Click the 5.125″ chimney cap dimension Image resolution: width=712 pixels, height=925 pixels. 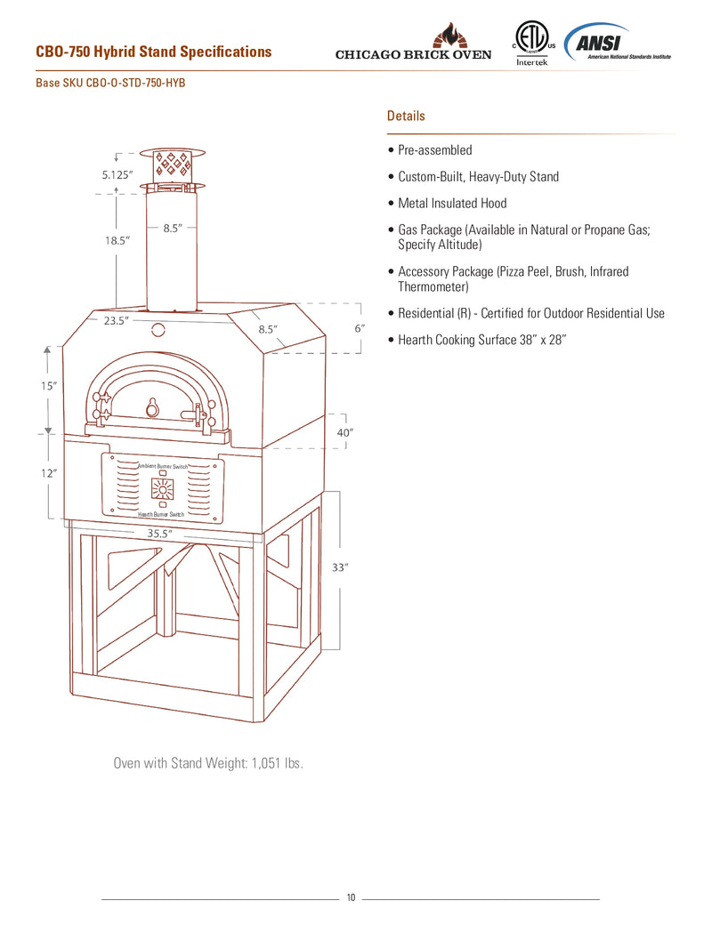click(117, 175)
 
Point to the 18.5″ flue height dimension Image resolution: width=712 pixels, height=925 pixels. click(117, 241)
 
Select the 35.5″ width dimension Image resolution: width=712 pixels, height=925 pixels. click(159, 533)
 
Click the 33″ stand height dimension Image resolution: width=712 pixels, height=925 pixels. click(339, 567)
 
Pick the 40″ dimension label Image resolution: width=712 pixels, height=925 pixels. click(345, 431)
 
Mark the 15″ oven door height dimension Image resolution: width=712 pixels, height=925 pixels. click(49, 386)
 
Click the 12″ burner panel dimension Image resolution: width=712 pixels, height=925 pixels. click(49, 474)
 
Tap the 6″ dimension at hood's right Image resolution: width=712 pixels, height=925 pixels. click(360, 328)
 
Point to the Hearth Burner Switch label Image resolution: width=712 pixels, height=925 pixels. click(161, 515)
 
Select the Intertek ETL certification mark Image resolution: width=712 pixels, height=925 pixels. click(531, 45)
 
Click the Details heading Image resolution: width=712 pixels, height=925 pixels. click(406, 116)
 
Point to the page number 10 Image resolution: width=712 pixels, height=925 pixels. click(351, 897)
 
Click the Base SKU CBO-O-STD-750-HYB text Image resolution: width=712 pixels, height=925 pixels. click(110, 83)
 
